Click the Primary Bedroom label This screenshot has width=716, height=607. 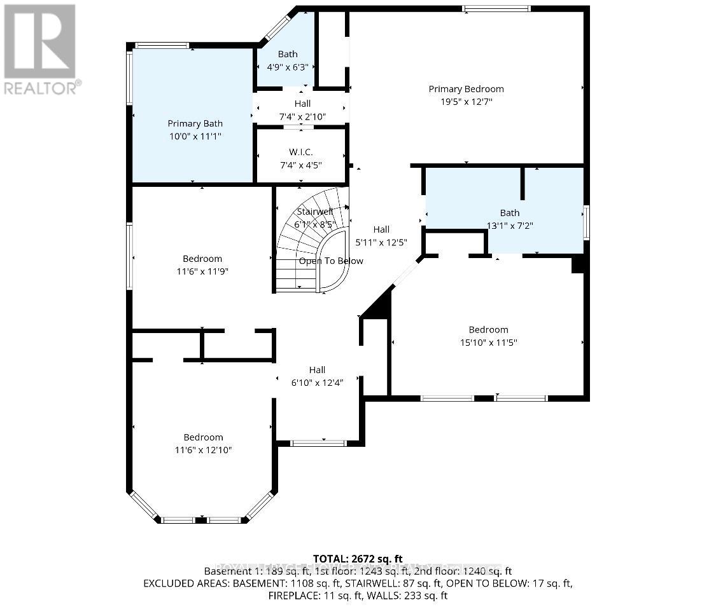click(x=466, y=89)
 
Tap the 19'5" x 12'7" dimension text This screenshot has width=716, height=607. click(x=466, y=102)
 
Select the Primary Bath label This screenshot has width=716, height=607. click(x=195, y=124)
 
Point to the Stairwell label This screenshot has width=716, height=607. click(x=315, y=212)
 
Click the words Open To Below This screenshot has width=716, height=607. click(x=331, y=261)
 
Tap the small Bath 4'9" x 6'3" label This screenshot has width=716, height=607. click(x=288, y=55)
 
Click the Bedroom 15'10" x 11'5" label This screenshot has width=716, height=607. click(x=488, y=330)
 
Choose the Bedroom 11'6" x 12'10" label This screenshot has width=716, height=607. click(x=204, y=437)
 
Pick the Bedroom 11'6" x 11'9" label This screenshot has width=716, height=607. click(x=202, y=259)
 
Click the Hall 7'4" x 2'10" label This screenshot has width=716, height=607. click(x=302, y=104)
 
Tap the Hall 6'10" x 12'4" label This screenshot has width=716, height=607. click(x=317, y=370)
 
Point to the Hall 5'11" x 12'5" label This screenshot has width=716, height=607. click(x=381, y=229)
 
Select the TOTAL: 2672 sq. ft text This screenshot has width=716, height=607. click(x=358, y=559)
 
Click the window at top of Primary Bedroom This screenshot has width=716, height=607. click(x=496, y=8)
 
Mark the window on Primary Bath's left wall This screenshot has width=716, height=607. click(x=129, y=78)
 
